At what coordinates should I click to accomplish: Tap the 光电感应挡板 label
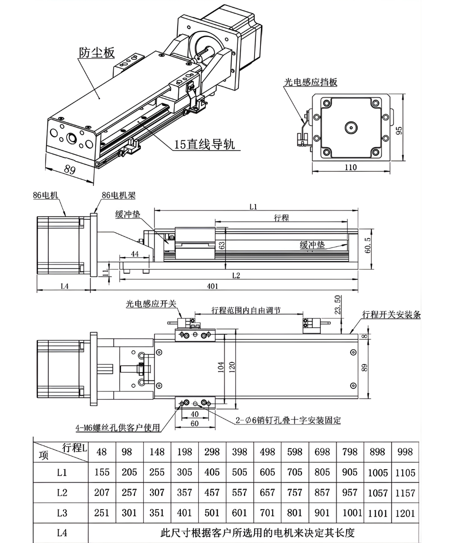[x=310, y=82]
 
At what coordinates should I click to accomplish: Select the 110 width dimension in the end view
[x=351, y=167]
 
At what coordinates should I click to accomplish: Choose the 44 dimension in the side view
[x=134, y=254]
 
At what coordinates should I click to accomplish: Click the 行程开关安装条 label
[x=391, y=314]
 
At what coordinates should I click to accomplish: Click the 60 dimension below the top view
[x=194, y=424]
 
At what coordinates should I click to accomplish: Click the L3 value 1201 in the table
[x=405, y=513]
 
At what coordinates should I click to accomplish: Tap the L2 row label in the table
[x=62, y=493]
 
